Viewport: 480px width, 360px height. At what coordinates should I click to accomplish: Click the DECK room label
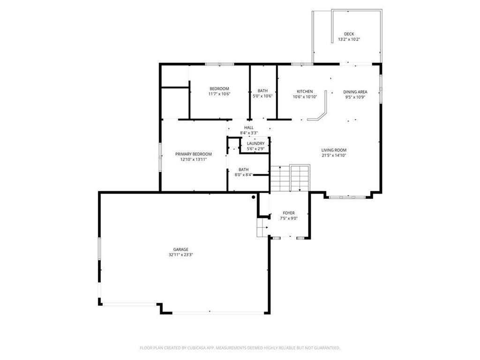point(349,34)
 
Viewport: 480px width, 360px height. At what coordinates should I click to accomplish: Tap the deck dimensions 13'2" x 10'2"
point(349,39)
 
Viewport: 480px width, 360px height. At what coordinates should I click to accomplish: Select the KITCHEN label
point(305,91)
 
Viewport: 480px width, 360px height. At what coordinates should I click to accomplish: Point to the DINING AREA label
point(355,92)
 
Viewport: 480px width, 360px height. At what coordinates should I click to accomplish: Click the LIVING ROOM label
point(334,150)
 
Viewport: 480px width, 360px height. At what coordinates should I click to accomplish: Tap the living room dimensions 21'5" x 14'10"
point(334,156)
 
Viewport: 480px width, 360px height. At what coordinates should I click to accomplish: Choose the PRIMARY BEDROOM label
point(193,154)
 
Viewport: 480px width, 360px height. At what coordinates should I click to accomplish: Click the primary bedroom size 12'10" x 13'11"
point(193,159)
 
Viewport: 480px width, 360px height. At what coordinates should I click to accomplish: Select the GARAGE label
point(180,249)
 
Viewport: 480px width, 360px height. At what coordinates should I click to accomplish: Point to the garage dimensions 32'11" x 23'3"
point(180,255)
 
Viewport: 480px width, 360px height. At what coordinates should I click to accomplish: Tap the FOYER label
point(288,213)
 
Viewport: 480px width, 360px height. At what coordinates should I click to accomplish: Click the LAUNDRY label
point(256,143)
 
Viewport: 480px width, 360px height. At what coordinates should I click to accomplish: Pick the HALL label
point(248,127)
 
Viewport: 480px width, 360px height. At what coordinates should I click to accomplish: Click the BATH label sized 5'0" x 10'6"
point(262,91)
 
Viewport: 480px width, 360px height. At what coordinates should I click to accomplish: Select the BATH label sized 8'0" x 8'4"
point(243,170)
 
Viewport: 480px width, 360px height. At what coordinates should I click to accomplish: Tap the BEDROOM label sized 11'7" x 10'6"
point(219,89)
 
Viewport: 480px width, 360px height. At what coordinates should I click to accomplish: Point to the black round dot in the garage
point(254,197)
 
